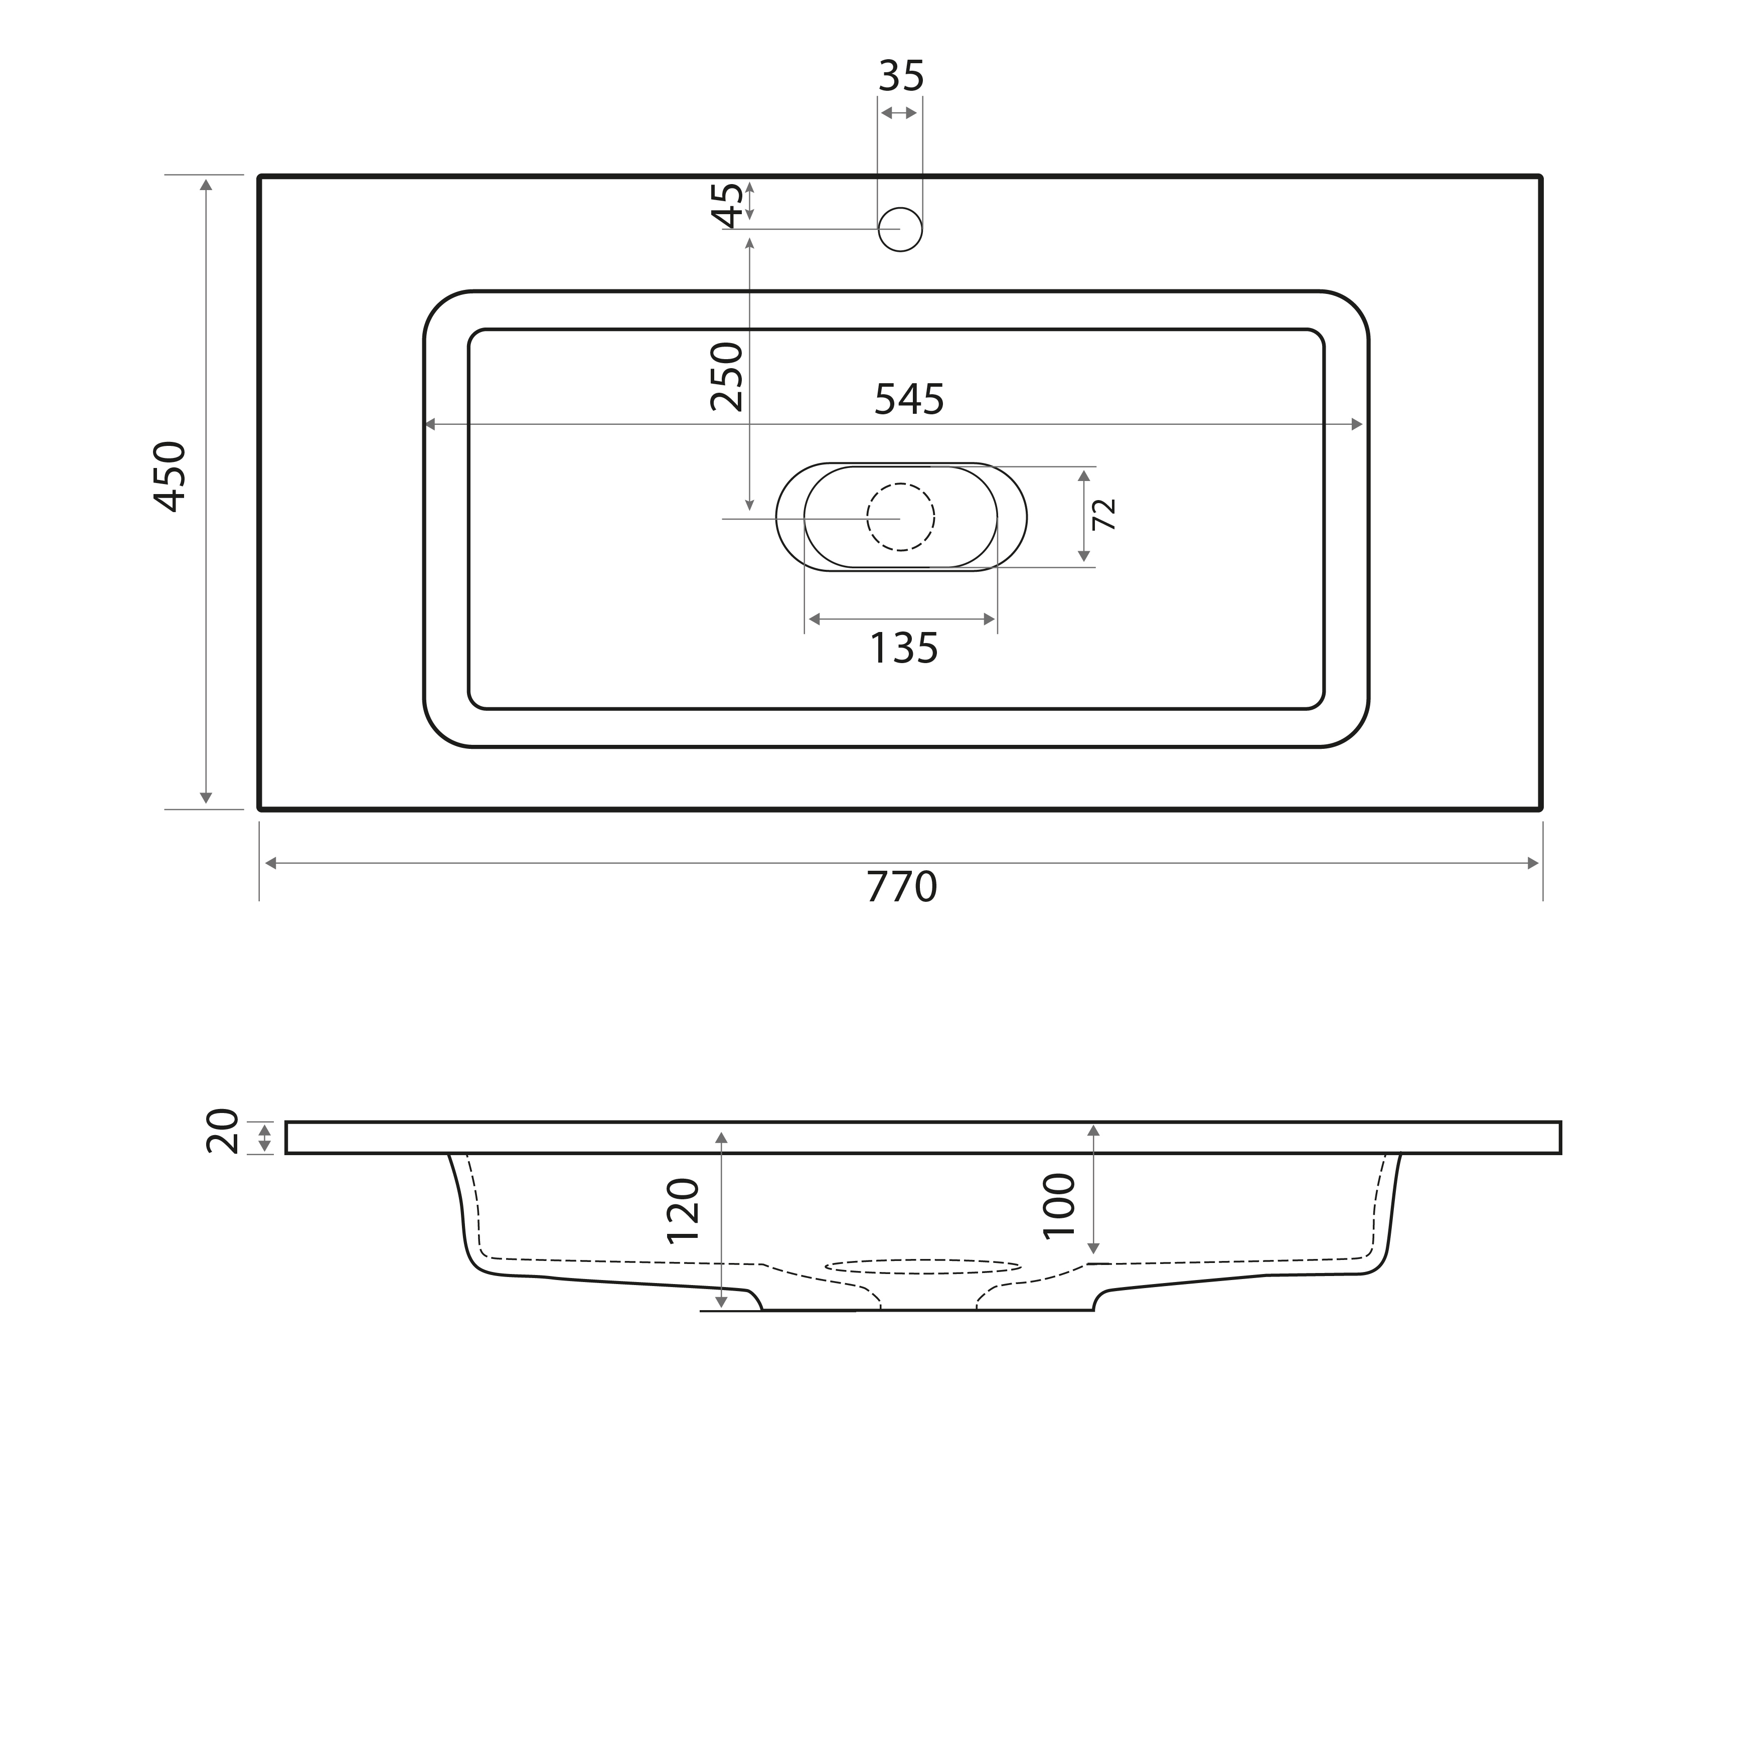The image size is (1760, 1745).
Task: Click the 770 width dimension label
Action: [901, 887]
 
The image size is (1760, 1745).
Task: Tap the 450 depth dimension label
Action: [171, 477]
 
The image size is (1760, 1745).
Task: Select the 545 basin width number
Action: [909, 399]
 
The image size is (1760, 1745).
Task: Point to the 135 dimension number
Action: [904, 649]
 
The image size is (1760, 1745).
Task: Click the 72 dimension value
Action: [1104, 515]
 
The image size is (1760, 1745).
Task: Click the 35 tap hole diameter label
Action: [901, 77]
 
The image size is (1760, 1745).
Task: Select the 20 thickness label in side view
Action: [222, 1132]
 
